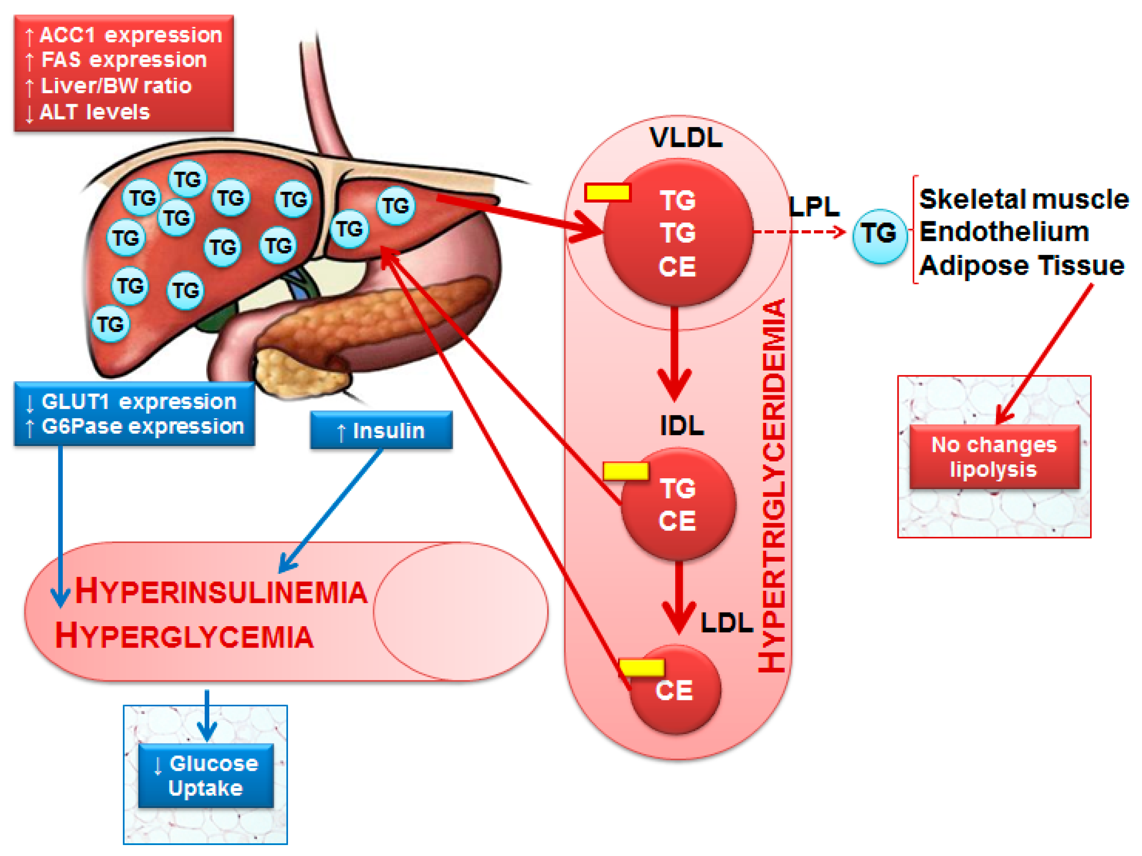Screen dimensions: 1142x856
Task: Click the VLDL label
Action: coord(686,137)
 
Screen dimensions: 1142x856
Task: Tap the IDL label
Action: coord(682,425)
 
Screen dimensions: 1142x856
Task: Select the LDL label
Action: coord(727,623)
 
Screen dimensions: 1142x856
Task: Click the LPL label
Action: coord(814,207)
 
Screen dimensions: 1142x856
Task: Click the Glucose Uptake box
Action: coord(206,775)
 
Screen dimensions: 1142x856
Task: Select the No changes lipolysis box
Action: coord(994,457)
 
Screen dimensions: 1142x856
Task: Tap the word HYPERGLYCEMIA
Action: coord(184,636)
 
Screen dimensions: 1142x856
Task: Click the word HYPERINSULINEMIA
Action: coord(222,591)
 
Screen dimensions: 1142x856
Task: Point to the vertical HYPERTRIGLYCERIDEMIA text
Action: coord(772,485)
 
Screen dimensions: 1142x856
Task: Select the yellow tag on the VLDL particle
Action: coord(608,192)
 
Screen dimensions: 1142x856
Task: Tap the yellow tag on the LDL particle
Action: coord(641,667)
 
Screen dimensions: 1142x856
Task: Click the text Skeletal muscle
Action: coord(1024,199)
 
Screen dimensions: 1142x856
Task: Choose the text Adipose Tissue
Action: coord(1022,265)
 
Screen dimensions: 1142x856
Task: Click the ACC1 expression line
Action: coord(124,35)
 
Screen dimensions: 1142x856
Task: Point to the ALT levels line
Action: coord(87,112)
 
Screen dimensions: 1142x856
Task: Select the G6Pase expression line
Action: coord(135,426)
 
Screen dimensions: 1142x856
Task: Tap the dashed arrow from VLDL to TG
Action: coord(799,232)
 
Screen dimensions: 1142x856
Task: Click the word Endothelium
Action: coord(1004,232)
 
